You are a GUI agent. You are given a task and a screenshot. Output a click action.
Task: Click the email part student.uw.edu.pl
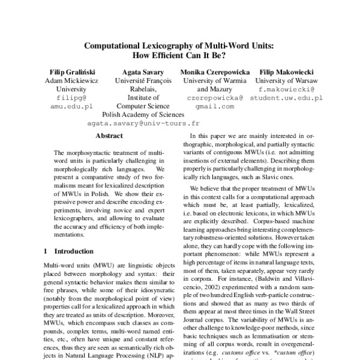coord(287,97)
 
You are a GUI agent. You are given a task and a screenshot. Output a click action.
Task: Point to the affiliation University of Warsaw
coord(287,80)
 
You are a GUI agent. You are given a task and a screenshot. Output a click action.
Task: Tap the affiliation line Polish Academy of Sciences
coord(143,113)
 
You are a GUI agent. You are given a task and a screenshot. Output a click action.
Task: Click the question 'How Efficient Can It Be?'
coord(180,55)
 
